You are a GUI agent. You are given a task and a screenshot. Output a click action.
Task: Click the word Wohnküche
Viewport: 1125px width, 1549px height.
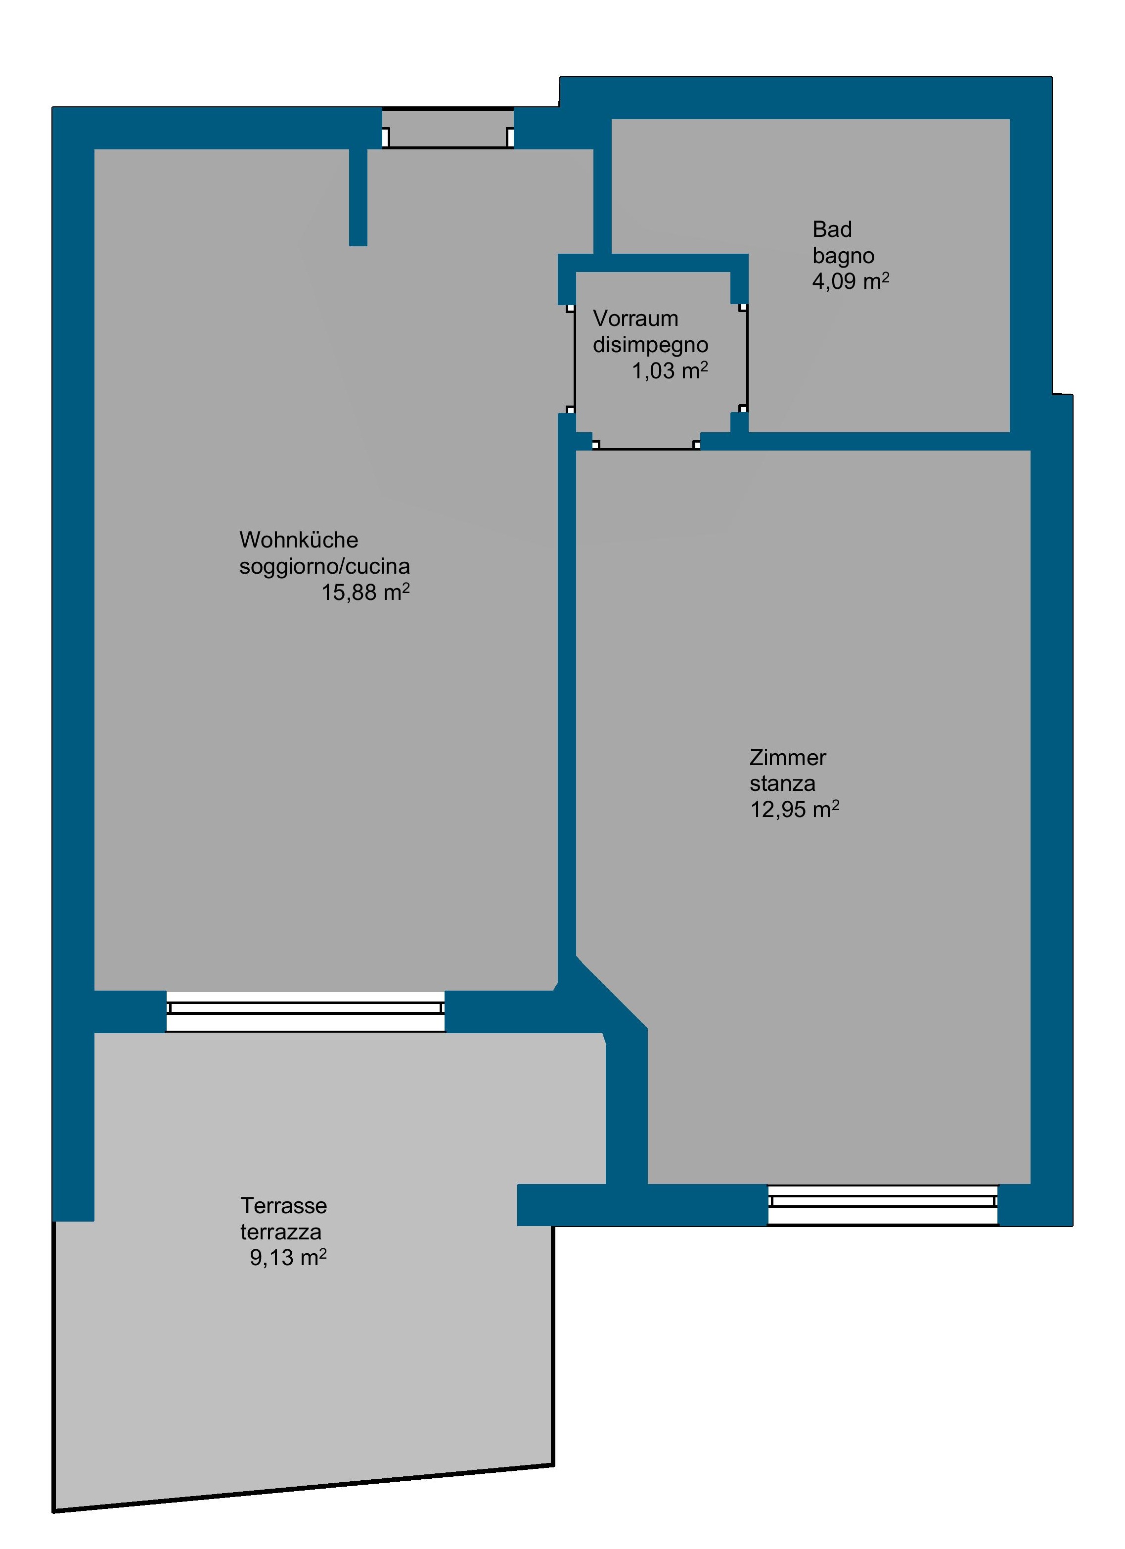tap(299, 540)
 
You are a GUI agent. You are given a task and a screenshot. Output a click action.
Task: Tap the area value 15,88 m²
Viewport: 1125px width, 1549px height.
tap(365, 592)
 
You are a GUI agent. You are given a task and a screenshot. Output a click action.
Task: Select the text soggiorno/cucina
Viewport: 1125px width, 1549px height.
tap(324, 566)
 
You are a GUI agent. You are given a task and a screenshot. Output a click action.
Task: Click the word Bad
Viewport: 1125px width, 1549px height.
tap(832, 229)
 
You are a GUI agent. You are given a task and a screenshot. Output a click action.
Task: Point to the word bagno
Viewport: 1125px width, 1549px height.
tap(843, 256)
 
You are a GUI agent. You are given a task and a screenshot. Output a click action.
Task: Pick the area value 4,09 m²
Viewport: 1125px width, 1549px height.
tap(851, 281)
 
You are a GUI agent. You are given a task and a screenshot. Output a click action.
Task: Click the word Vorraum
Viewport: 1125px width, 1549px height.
tap(635, 319)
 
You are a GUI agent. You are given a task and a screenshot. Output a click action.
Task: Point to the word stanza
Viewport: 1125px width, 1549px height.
tap(782, 783)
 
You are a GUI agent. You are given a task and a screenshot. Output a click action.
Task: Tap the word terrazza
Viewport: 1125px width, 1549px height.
tap(281, 1232)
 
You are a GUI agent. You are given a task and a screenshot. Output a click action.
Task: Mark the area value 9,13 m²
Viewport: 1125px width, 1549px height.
tap(288, 1257)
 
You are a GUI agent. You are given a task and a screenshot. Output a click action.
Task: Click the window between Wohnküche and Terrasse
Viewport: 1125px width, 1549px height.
tap(305, 1011)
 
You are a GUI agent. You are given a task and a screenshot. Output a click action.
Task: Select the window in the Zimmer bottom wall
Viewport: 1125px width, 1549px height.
tap(883, 1205)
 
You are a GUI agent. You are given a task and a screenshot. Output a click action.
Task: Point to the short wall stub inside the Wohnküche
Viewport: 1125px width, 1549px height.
tap(358, 197)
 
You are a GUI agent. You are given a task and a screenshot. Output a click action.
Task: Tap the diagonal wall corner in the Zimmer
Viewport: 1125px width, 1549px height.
tap(611, 992)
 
